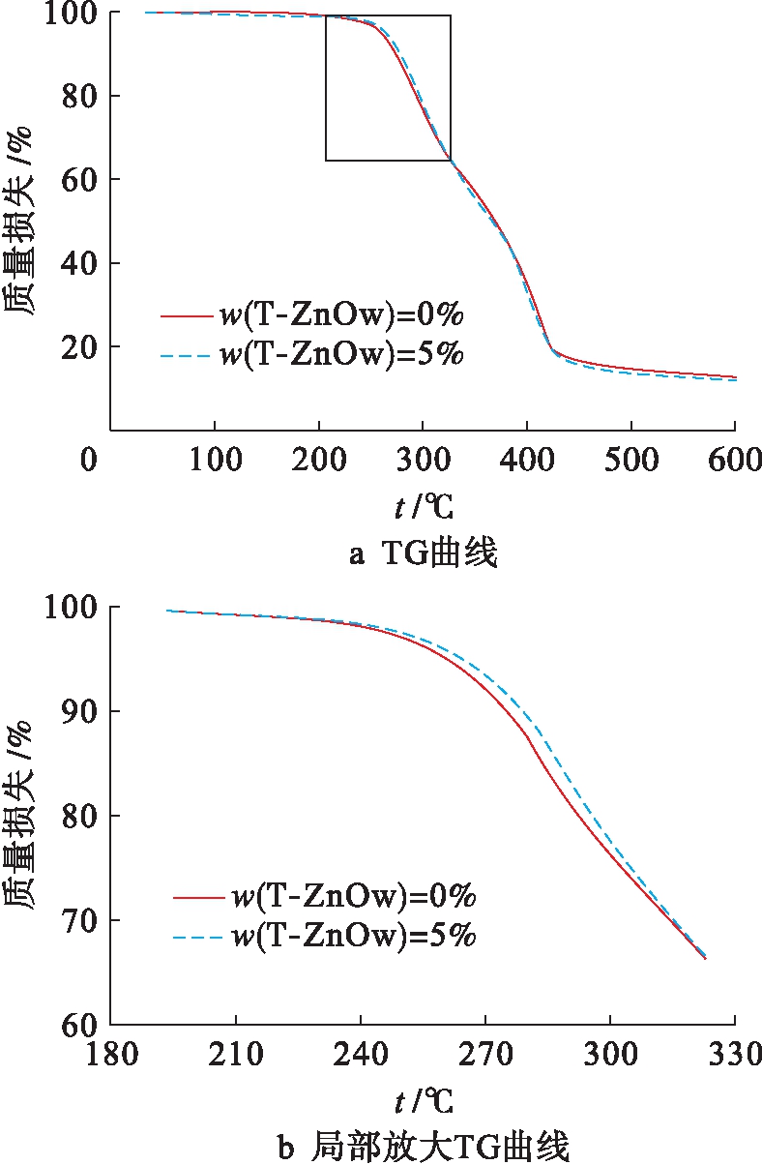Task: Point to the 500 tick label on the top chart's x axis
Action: click(x=630, y=460)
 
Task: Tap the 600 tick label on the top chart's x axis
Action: click(x=735, y=460)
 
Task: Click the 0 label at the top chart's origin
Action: click(x=89, y=460)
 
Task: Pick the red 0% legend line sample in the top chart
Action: click(x=187, y=315)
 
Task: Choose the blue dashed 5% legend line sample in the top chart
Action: click(x=187, y=356)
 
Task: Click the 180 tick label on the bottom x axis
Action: click(x=110, y=1054)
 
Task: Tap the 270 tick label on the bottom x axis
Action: click(x=484, y=1054)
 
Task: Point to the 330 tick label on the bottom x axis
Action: click(x=734, y=1054)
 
